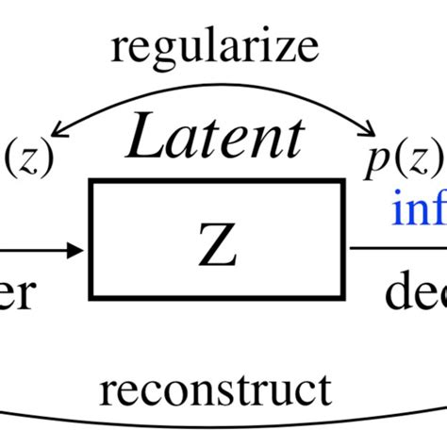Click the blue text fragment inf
420,209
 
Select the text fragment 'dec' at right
415,295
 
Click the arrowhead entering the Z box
75,251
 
